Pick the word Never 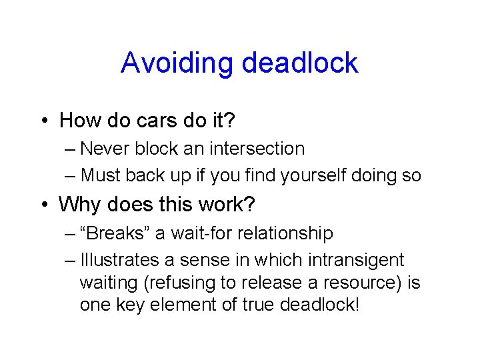coord(107,149)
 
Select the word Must coord(101,175)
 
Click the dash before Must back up coord(71,175)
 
